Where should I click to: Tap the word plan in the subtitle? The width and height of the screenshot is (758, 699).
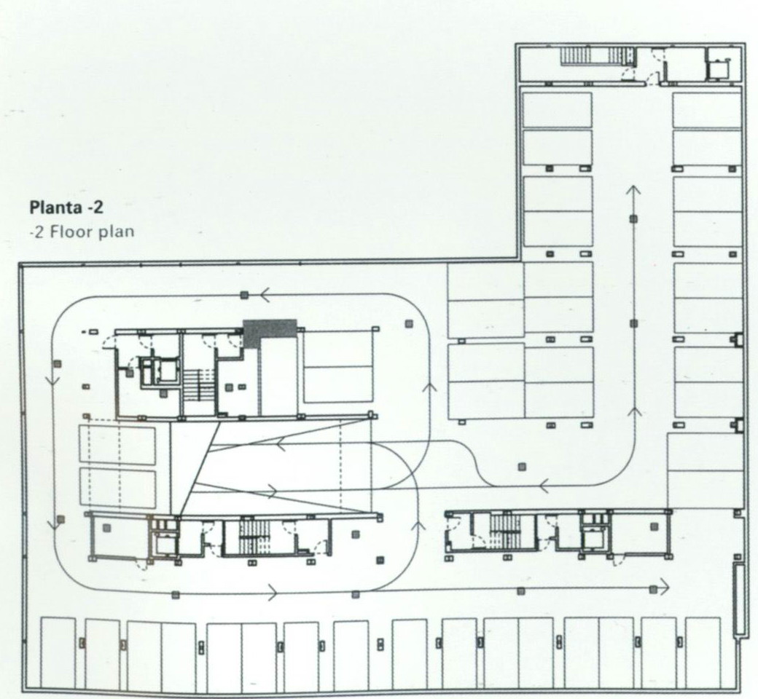115,232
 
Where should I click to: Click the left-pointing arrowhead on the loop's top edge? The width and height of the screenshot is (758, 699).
265,294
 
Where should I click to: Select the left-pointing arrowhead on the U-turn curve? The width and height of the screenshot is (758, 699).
544,484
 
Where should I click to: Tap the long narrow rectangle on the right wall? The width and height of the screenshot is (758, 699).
738,599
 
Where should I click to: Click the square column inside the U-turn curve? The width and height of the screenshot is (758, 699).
522,467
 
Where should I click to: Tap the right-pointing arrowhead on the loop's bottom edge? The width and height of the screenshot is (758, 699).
272,591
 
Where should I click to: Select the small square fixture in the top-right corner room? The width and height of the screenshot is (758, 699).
716,68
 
